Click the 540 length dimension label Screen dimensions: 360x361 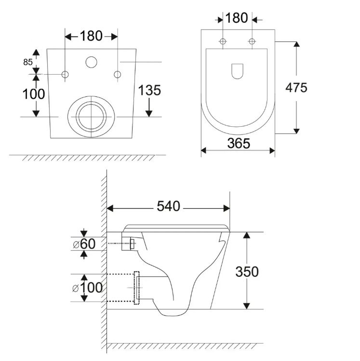tap(168, 206)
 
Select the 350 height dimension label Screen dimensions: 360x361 tap(247, 272)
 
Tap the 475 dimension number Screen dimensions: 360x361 tap(296, 88)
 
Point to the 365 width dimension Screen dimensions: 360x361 tap(239, 143)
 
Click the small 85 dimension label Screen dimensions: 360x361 tap(28, 62)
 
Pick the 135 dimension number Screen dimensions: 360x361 tap(149, 90)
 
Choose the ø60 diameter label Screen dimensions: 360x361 tap(84, 243)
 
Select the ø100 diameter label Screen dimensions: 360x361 tap(87, 288)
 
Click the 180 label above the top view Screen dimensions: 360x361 tap(237, 18)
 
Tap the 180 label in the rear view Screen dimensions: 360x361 tap(91, 36)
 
